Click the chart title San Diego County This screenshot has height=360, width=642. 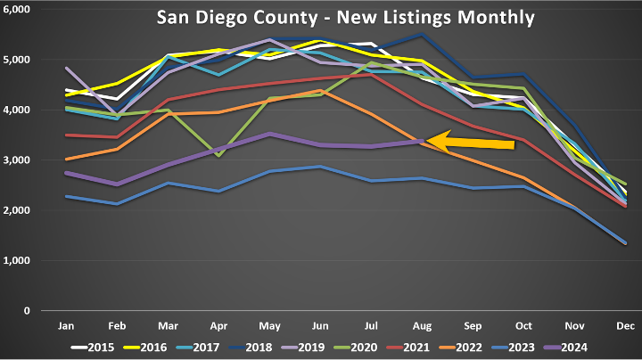click(346, 17)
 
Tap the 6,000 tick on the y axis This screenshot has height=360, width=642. click(19, 9)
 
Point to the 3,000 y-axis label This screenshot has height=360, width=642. click(19, 160)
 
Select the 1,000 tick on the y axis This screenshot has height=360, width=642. click(19, 261)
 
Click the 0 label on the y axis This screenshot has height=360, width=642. click(28, 311)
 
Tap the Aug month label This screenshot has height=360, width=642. click(421, 323)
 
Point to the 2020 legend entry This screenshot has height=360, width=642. click(404, 346)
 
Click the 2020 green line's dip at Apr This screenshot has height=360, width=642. click(219, 156)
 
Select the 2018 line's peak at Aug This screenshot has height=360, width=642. click(421, 34)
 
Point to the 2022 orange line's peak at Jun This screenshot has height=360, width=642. click(320, 90)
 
